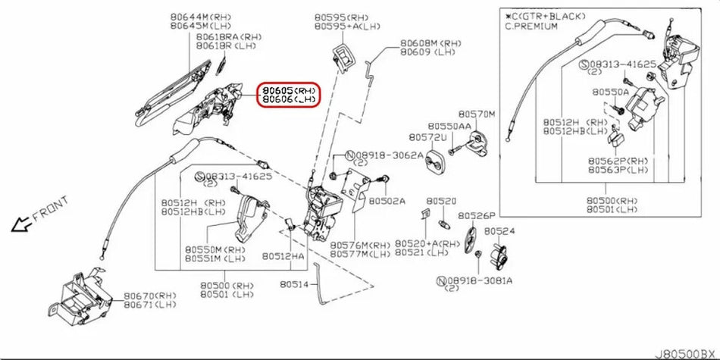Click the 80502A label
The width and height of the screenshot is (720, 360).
point(387,201)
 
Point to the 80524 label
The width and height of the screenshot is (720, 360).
point(499,230)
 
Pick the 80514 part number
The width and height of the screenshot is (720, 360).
point(294,285)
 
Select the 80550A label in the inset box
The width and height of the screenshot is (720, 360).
point(611,91)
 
